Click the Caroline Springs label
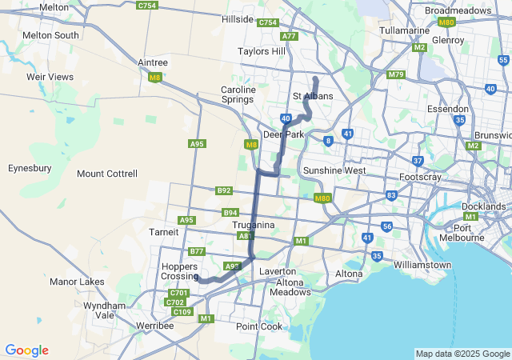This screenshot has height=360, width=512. point(238,95)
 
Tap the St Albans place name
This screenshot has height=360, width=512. point(313,96)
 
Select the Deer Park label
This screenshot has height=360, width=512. point(284,134)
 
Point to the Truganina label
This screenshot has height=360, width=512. point(254,226)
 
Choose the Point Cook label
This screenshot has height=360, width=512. point(259,326)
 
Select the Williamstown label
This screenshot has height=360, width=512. point(422,264)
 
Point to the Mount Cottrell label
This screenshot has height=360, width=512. point(107,174)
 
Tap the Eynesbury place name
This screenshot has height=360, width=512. point(30,168)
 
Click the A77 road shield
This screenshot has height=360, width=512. point(289,36)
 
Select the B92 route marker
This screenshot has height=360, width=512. point(224,190)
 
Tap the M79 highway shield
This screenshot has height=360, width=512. point(395,74)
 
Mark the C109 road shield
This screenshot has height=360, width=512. point(182,311)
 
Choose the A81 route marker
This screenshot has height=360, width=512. point(246,236)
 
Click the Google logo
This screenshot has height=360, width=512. point(26,350)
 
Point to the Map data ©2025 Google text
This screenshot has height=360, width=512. point(462,354)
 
